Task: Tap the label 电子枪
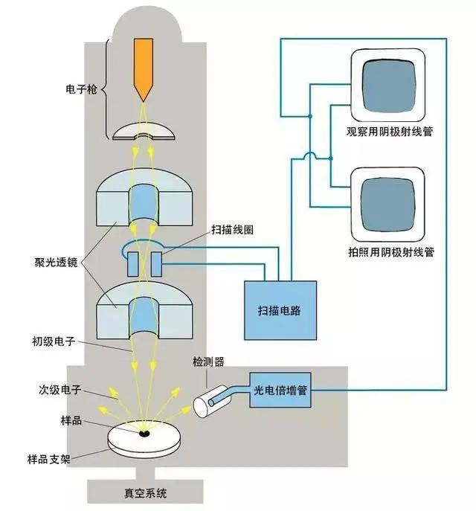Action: (x=81, y=91)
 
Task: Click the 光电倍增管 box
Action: (x=280, y=389)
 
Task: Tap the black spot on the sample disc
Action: (x=144, y=433)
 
